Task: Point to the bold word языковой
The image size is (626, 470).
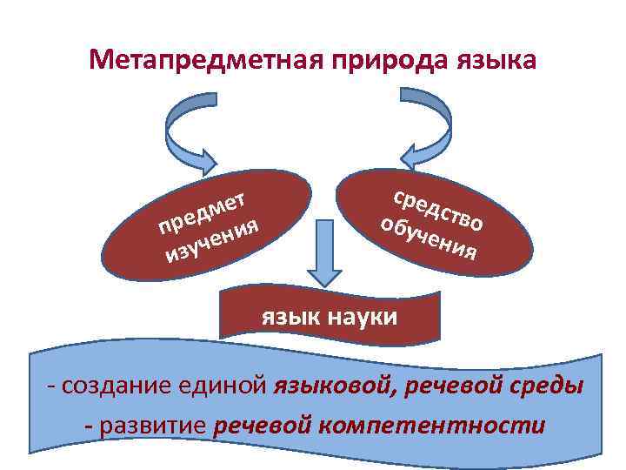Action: point(336,386)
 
